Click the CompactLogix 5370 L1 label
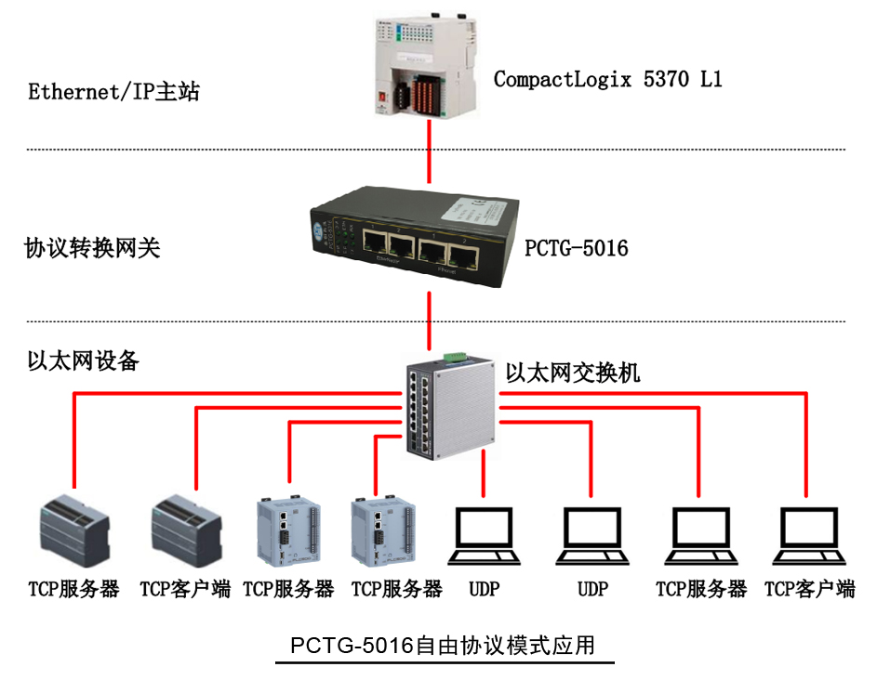[x=607, y=79]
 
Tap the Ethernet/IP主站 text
[x=113, y=92]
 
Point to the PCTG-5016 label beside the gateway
[x=576, y=248]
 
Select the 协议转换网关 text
[x=92, y=248]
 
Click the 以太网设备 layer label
[x=84, y=360]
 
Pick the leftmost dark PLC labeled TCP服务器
[x=73, y=529]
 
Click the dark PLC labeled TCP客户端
[x=185, y=529]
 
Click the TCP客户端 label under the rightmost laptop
[x=809, y=589]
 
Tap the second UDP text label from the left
[x=592, y=589]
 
